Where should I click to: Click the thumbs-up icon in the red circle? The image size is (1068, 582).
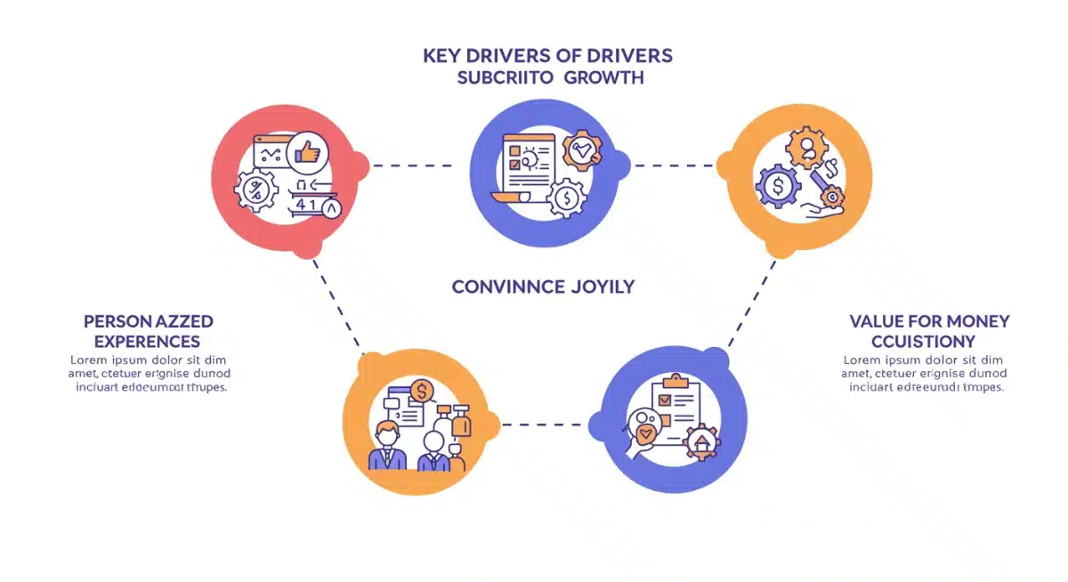307,154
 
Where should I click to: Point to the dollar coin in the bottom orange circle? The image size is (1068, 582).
422,391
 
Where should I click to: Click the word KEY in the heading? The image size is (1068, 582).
442,56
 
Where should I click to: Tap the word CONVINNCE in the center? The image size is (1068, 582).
508,287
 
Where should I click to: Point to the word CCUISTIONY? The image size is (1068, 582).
923,341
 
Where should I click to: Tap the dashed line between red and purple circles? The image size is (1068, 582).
411,166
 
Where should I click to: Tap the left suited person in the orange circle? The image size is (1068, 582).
387,448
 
